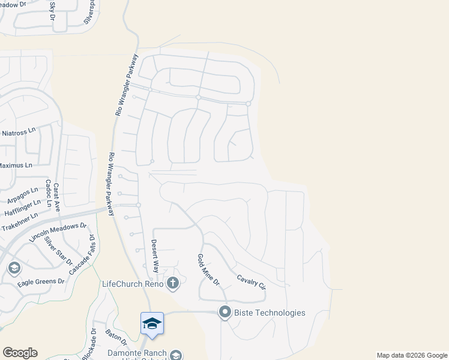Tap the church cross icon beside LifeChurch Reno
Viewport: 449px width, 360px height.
coord(173,283)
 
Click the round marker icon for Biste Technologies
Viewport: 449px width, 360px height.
coord(225,312)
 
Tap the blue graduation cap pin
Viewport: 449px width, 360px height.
coord(152,323)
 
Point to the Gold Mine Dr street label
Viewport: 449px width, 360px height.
coord(209,269)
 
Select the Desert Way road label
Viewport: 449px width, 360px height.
coord(155,254)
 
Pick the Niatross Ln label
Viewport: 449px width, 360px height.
coord(18,133)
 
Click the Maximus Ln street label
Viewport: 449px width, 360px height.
coord(16,164)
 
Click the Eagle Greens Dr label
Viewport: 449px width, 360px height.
coord(41,281)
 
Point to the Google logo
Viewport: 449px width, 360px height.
coord(20,353)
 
